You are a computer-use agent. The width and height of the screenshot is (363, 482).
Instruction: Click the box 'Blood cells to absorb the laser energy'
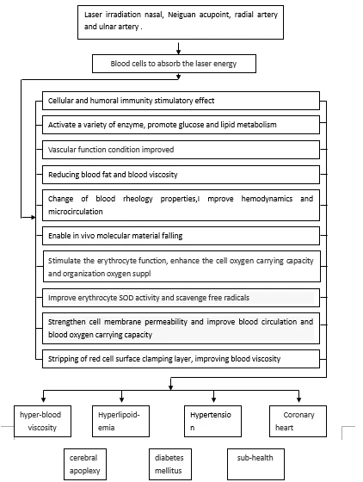tap(174, 64)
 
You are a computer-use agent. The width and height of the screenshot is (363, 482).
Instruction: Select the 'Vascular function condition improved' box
tap(181, 150)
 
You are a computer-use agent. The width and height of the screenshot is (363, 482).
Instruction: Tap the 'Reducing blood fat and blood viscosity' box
tap(181, 175)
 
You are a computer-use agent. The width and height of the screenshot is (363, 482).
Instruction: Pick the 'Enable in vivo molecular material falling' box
tap(181, 236)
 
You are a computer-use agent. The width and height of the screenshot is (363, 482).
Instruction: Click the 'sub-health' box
tap(255, 464)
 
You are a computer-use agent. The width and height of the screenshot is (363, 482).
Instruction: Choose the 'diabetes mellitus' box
tap(170, 464)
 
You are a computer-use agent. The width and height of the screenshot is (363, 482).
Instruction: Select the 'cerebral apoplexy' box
tap(85, 464)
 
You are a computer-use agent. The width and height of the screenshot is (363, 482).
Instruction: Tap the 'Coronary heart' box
tap(298, 421)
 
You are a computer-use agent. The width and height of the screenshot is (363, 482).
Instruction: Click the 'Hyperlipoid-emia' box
tap(120, 421)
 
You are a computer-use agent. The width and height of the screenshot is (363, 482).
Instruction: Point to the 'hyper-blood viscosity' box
tap(42, 421)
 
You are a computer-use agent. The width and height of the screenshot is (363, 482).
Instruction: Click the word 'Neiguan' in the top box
tap(181, 15)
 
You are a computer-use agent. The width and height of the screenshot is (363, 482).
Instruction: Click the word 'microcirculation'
tap(76, 212)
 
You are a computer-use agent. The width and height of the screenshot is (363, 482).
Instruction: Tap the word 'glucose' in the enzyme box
tap(188, 125)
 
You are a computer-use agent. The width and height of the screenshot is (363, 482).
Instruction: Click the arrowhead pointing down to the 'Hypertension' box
tap(213, 399)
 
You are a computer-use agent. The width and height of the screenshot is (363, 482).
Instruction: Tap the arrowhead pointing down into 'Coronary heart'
tap(298, 399)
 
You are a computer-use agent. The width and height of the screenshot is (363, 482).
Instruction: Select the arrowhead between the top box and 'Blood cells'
tap(178, 52)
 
